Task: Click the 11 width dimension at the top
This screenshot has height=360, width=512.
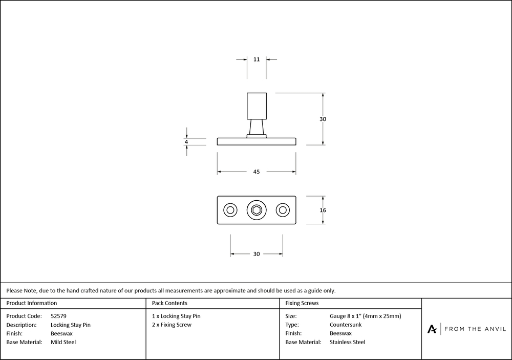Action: point(257,59)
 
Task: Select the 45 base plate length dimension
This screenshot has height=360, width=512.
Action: point(257,172)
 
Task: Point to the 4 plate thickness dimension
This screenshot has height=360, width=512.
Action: point(186,142)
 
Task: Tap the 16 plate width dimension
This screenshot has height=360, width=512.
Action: point(323,210)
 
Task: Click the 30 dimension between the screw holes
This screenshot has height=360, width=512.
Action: point(257,254)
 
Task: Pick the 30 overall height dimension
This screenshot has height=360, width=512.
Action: point(323,119)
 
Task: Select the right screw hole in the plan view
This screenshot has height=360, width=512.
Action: point(282,210)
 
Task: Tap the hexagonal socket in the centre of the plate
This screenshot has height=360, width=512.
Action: point(257,210)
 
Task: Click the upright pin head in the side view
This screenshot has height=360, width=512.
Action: point(257,106)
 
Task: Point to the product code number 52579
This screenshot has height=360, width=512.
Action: point(59,316)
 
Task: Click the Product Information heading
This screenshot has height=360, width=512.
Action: point(32,303)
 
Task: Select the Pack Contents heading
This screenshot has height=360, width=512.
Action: point(169,303)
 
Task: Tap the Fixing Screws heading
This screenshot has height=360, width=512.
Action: point(302,303)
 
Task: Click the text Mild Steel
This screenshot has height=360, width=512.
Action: point(63,342)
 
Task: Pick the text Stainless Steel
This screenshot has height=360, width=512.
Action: point(348,342)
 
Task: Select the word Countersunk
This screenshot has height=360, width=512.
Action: point(346,325)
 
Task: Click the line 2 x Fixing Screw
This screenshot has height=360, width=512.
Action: point(172,325)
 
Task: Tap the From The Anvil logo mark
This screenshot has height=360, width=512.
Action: point(432,329)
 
